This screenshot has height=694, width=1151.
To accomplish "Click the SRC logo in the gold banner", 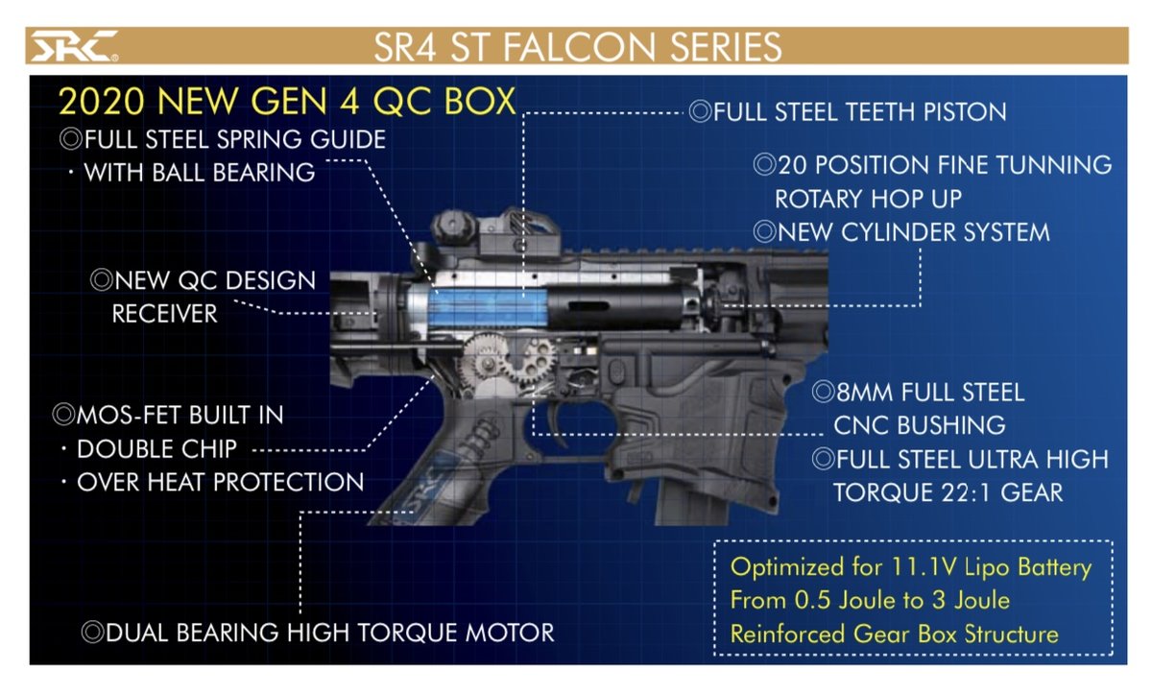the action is [x=73, y=46].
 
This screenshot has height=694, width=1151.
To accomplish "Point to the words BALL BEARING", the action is [x=233, y=173].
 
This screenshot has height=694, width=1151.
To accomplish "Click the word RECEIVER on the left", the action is [x=164, y=313].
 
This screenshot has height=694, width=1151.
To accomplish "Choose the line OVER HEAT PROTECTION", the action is [x=220, y=482].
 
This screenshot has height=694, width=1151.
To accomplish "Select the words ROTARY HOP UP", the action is [x=869, y=199].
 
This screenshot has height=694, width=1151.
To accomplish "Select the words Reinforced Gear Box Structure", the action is [x=894, y=634].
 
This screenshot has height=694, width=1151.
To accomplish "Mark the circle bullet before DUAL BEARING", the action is [x=92, y=633].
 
